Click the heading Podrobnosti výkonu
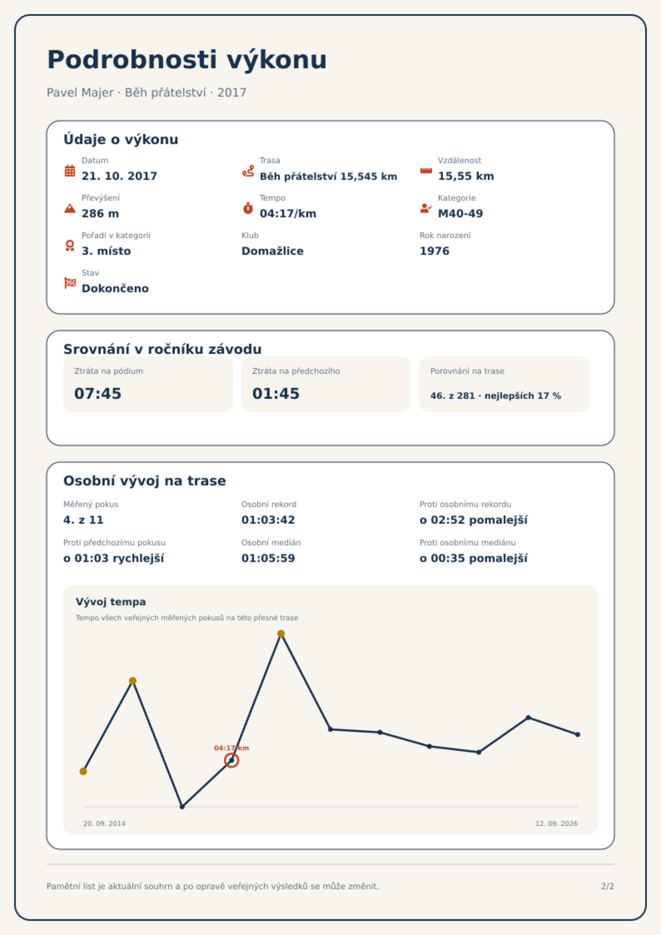[187, 60]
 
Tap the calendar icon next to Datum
[70, 171]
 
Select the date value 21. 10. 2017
[119, 176]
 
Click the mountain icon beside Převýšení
[70, 208]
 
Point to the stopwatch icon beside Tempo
[248, 208]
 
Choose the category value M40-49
[460, 214]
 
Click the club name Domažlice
[273, 251]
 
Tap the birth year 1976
[435, 251]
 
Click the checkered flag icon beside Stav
[70, 283]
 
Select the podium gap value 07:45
[98, 393]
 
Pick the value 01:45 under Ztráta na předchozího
[276, 393]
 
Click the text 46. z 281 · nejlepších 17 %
[496, 396]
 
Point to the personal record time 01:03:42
[268, 520]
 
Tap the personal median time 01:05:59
[268, 558]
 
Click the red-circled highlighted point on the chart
[231, 760]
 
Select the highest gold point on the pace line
[281, 634]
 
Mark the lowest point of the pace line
[182, 806]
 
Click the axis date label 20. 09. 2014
[104, 823]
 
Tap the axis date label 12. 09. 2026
[557, 823]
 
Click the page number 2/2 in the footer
[607, 886]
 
